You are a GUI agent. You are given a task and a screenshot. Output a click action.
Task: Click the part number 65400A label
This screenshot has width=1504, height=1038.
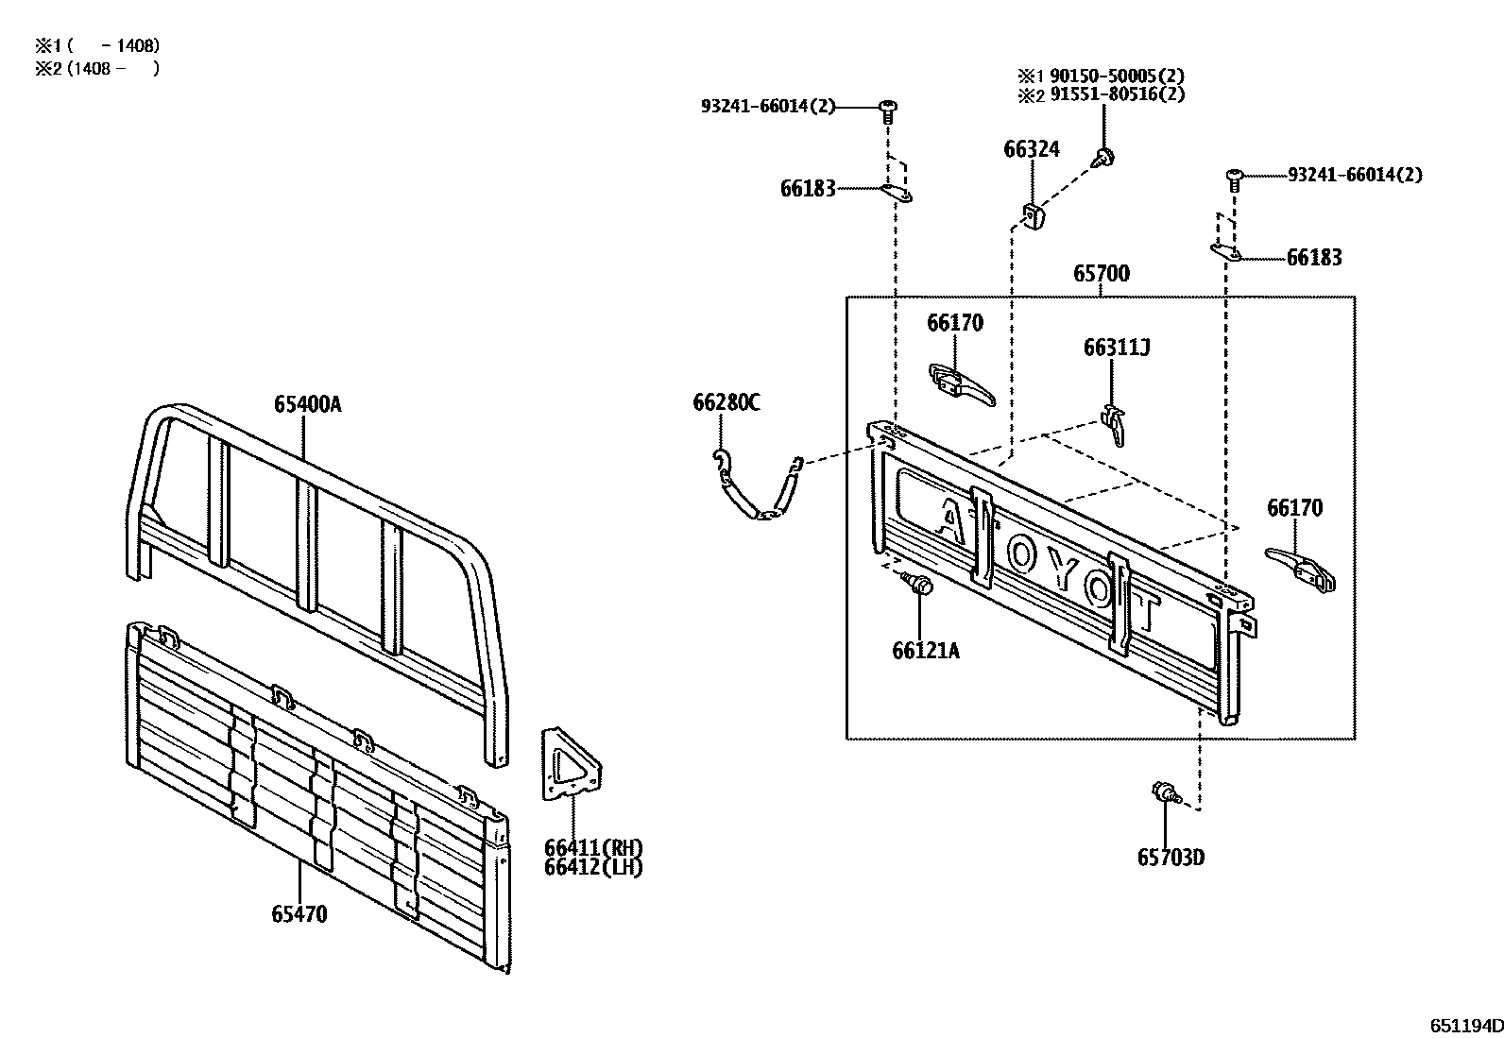coord(307,404)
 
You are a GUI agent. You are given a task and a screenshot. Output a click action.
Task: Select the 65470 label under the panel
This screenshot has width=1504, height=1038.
coord(299,914)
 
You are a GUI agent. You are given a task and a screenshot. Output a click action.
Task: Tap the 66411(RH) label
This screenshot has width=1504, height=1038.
coord(592,846)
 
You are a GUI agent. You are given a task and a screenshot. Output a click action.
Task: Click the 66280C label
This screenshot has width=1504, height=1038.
coord(726,403)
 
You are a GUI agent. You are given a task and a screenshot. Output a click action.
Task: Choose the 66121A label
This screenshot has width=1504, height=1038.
coord(925,650)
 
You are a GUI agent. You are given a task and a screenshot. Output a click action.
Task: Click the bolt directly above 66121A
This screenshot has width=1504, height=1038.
coord(918,586)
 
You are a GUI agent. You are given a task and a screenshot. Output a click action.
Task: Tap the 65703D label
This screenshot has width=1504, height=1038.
coord(1171,858)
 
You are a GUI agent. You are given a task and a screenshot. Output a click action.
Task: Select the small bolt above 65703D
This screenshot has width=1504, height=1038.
coord(1163,793)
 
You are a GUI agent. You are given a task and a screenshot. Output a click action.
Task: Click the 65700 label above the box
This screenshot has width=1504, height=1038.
coord(1101,274)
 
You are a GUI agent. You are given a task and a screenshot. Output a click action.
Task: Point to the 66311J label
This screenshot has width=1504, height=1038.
coord(1116,348)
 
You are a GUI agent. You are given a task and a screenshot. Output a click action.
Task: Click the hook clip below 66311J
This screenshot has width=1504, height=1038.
coord(1116,426)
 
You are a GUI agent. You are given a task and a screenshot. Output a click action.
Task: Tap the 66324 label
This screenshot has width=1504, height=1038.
coord(1032,148)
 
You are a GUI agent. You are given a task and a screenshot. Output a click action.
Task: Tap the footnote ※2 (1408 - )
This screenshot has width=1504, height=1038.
coord(97,68)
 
